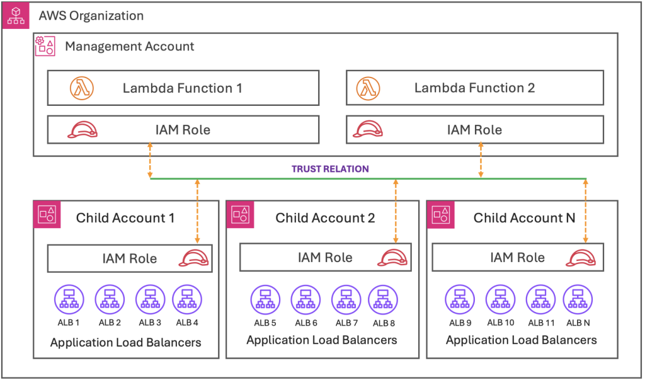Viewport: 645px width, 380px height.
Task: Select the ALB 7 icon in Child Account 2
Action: tap(346, 299)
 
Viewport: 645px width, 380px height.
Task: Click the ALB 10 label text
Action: tap(501, 323)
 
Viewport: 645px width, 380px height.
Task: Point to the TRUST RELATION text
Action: tap(330, 169)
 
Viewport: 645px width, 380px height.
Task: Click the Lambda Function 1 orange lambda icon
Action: tap(81, 88)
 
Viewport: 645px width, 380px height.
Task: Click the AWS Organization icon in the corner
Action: tap(16, 16)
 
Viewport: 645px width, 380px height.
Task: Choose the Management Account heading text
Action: tap(129, 47)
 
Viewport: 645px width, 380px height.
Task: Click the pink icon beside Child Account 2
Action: tap(239, 215)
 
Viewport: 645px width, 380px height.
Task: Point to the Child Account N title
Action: tap(524, 218)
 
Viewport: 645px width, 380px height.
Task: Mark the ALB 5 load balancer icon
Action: tap(265, 299)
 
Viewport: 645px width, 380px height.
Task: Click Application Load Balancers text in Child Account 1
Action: tap(126, 343)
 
